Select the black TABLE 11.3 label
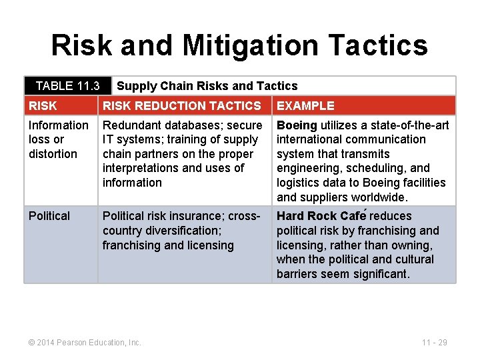tap(67, 85)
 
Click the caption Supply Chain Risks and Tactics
tap(207, 85)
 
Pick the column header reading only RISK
tap(43, 105)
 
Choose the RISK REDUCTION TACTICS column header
tap(181, 105)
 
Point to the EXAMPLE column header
tap(305, 105)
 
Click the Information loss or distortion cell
tap(58, 139)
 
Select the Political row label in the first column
tap(49, 216)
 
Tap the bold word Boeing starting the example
tap(297, 125)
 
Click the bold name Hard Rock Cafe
tap(321, 216)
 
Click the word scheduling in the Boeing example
tap(378, 168)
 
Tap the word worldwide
tap(382, 197)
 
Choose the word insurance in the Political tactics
tap(189, 216)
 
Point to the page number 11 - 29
tap(434, 342)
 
